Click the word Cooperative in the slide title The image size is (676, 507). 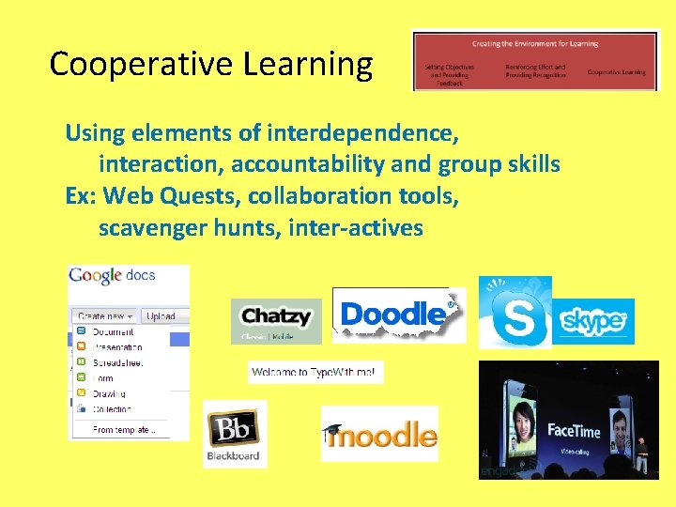click(142, 65)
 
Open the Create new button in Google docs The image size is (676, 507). click(105, 316)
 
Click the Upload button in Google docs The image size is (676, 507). click(161, 316)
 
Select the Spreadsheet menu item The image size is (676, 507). click(117, 361)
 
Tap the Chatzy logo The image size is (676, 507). click(276, 318)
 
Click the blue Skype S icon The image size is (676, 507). click(515, 313)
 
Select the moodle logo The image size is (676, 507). click(380, 435)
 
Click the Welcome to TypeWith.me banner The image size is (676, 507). click(315, 374)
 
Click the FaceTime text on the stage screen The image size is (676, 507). click(574, 430)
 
